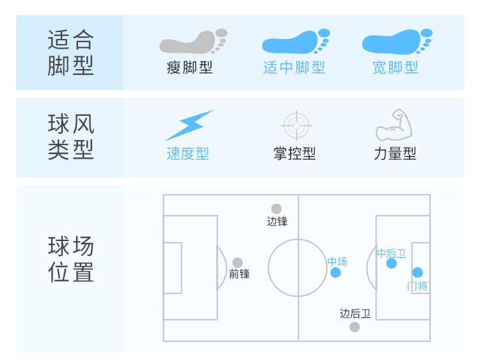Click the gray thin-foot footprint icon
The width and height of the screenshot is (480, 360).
click(x=192, y=42)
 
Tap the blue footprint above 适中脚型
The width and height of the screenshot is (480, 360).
click(x=295, y=42)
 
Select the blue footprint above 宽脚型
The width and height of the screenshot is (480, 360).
click(x=396, y=42)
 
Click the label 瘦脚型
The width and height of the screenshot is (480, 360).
click(x=189, y=67)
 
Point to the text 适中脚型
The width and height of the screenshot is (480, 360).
click(x=294, y=67)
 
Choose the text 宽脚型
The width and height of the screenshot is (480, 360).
click(x=396, y=67)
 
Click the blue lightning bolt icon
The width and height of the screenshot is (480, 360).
click(x=188, y=125)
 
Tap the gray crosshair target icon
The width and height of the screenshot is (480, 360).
click(x=296, y=125)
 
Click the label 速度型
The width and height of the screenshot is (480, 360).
click(x=188, y=154)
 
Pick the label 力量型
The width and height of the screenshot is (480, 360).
click(x=395, y=154)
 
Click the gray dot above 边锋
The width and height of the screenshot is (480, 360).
click(x=276, y=208)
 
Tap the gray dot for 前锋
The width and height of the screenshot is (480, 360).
click(x=237, y=263)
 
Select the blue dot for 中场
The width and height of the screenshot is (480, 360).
click(x=336, y=272)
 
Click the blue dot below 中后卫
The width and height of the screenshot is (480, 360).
click(x=392, y=263)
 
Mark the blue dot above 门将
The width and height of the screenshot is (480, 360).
click(x=418, y=272)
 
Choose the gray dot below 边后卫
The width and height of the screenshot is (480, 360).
click(x=355, y=327)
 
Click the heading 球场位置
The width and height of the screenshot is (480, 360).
click(x=70, y=259)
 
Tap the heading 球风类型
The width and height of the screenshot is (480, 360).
click(x=70, y=137)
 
